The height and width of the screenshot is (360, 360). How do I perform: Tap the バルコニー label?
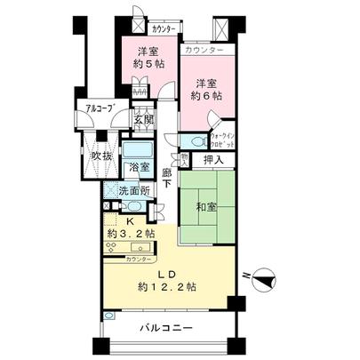[165, 330]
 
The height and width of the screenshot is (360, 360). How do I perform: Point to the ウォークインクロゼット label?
[221, 138]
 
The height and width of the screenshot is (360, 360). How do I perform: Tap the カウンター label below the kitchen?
[138, 259]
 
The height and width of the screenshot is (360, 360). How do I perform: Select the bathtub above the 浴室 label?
[138, 149]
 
